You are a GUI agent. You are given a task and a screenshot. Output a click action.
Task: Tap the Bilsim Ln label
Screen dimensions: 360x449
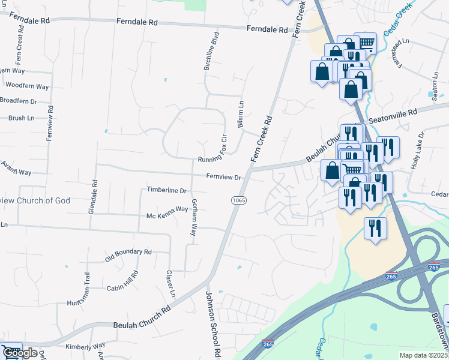point(241,112)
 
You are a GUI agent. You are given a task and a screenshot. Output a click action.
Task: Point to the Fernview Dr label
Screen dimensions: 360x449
point(223,177)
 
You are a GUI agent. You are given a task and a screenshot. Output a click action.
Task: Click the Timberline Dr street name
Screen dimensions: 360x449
point(167,190)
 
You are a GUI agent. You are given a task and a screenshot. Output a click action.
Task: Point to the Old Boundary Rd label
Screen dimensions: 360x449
point(128,255)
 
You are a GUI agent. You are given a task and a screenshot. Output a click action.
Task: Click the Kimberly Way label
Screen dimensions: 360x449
point(85,346)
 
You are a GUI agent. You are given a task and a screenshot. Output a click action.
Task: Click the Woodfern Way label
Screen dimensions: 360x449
point(27,86)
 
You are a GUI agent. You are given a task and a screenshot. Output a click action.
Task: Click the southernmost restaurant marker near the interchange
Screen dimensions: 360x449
point(375,229)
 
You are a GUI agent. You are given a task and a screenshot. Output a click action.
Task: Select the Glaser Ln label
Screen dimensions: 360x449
point(170,283)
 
